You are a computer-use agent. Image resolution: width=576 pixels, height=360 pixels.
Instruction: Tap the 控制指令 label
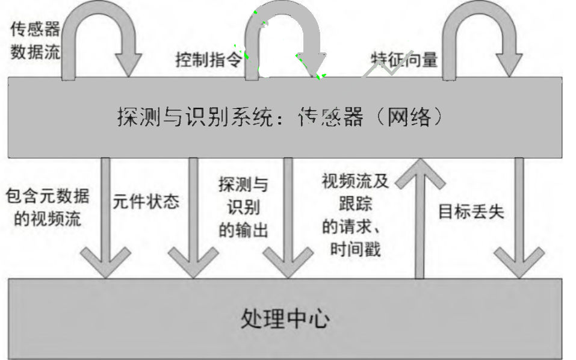click(x=208, y=60)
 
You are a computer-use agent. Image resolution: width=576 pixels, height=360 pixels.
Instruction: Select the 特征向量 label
click(x=404, y=60)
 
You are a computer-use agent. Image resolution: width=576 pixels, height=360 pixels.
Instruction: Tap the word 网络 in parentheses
click(x=409, y=116)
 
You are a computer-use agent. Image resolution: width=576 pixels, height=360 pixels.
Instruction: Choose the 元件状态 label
click(x=146, y=201)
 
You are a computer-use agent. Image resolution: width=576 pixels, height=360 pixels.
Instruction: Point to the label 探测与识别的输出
click(x=243, y=207)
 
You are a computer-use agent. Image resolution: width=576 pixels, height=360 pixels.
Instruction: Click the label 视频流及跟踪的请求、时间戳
click(x=356, y=214)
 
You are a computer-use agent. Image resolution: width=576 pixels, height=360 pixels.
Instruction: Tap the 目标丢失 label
click(x=471, y=211)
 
